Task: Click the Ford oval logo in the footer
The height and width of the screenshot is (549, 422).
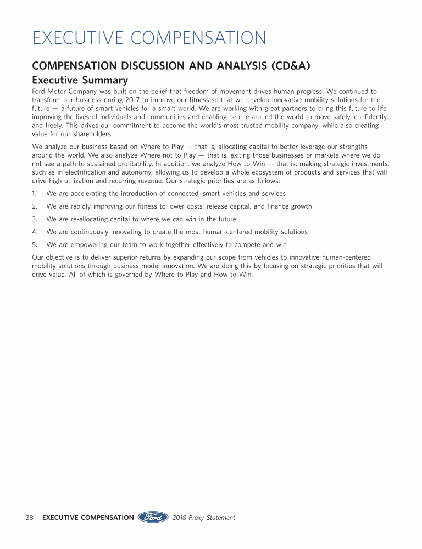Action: [x=153, y=517]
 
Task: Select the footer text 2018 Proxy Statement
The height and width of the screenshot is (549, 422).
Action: [x=203, y=517]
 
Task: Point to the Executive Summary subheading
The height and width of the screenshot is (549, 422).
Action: [x=80, y=80]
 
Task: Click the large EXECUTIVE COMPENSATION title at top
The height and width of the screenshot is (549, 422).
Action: [x=149, y=38]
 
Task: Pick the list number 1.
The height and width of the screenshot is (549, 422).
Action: [x=34, y=194]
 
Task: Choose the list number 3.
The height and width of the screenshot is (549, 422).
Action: [x=34, y=219]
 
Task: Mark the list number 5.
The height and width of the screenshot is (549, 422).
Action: [x=34, y=244]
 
